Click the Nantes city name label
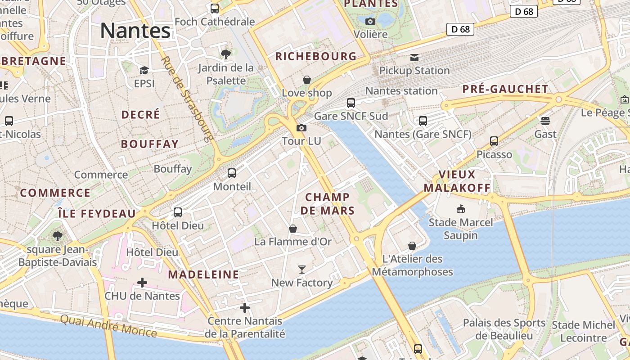point(135,31)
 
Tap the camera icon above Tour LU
point(301,128)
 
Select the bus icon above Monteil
point(232,173)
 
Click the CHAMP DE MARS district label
point(328,203)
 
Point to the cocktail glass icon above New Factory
point(302,270)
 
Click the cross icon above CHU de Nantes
point(142,283)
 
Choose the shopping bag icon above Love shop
point(307,80)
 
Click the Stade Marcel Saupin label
point(461,229)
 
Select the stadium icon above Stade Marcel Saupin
point(461,209)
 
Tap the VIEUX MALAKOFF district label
point(457,181)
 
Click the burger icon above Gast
point(545,121)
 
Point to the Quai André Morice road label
point(108,326)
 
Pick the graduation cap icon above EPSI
point(144,71)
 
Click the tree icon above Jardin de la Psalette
point(226,54)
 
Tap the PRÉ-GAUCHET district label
point(505,89)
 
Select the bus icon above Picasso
point(494,141)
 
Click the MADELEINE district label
point(203,274)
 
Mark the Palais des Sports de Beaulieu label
point(504,329)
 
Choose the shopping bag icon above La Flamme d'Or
point(293,229)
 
